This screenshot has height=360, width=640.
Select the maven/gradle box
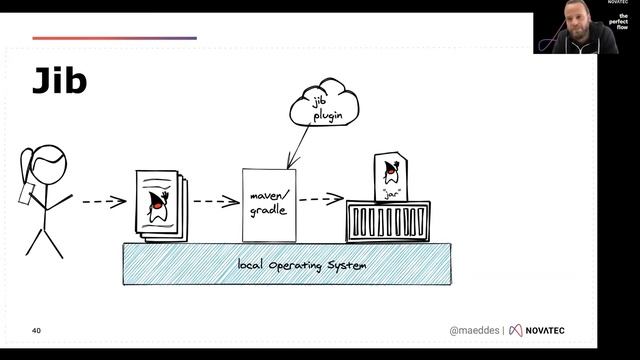pyautogui.click(x=269, y=204)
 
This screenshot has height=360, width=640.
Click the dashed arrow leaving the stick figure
pyautogui.click(x=103, y=202)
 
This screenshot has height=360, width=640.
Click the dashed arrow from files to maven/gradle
pyautogui.click(x=215, y=202)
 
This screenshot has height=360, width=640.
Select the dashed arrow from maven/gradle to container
pyautogui.click(x=320, y=198)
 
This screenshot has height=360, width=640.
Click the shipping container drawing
pyautogui.click(x=387, y=221)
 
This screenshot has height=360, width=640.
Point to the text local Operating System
pyautogui.click(x=301, y=265)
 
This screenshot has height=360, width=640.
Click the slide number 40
pyautogui.click(x=36, y=330)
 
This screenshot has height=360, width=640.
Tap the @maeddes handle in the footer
pyautogui.click(x=473, y=330)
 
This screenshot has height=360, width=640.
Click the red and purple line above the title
pyautogui.click(x=114, y=38)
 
